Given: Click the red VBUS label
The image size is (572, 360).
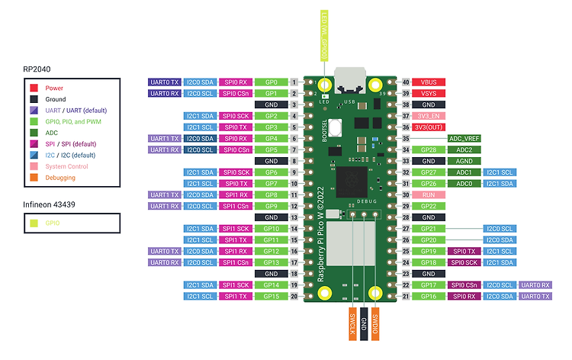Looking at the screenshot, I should click(429, 82).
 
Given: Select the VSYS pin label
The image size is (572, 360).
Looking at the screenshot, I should click(429, 93).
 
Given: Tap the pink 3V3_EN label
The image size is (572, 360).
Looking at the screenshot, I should click(429, 116).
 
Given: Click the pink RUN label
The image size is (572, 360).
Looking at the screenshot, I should click(429, 195).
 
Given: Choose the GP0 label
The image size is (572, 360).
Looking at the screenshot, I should click(271, 82).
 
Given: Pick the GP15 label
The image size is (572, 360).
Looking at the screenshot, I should click(271, 296).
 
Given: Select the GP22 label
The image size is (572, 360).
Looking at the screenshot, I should click(429, 207).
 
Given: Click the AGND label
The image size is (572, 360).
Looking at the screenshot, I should click(464, 161).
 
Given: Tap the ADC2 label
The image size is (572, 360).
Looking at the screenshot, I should click(464, 149).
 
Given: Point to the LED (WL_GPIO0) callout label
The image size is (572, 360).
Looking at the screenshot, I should click(325, 34).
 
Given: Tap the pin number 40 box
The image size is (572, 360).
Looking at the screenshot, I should click(406, 82).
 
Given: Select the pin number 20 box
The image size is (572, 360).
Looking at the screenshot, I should click(294, 296).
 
